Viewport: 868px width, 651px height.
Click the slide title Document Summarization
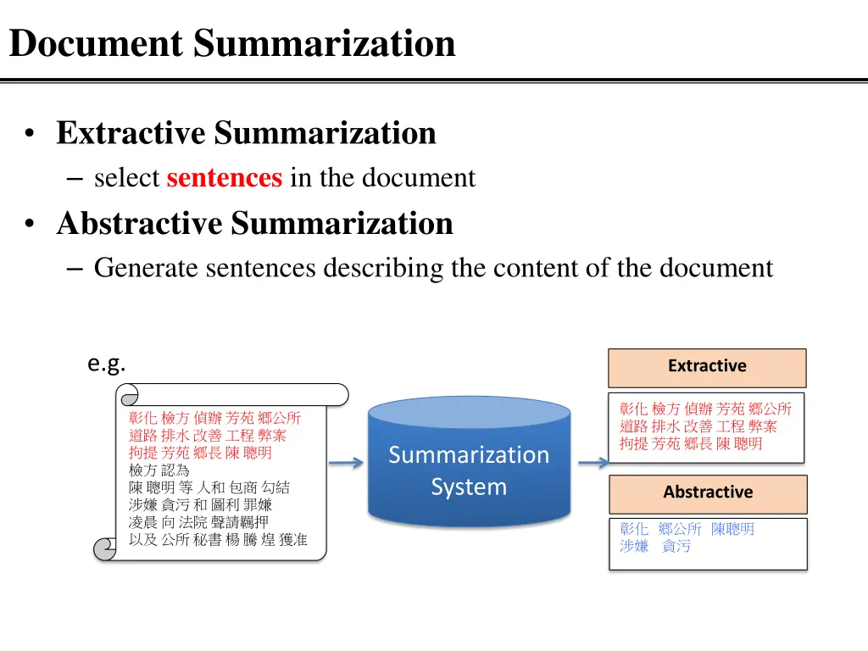tap(232, 43)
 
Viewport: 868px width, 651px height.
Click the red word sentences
tap(225, 178)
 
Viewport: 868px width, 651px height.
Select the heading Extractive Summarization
tap(246, 133)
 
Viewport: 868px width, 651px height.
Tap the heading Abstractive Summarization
tap(254, 224)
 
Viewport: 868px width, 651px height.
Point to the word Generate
tap(146, 268)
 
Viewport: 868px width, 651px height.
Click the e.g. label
tap(107, 364)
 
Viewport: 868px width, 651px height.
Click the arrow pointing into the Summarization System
tap(345, 463)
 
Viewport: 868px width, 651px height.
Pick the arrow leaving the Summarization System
tap(593, 463)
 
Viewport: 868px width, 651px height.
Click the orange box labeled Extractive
tap(707, 367)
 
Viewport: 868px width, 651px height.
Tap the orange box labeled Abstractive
tap(708, 492)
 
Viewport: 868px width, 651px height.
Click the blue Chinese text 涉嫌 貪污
tap(654, 547)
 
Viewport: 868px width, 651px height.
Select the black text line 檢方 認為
tap(159, 470)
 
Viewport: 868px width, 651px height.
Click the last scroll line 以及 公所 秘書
tap(217, 540)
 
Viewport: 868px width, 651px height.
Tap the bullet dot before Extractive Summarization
tap(31, 134)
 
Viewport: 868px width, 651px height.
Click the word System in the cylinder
tap(469, 487)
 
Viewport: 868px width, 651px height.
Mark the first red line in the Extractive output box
tap(705, 409)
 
